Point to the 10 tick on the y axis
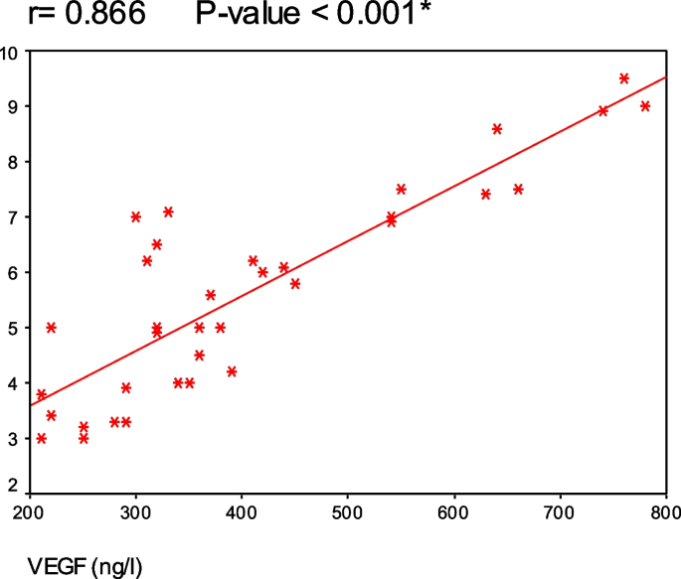12,52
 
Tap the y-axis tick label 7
16,217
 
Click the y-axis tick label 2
16,486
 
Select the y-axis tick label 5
16,328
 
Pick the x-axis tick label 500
348,511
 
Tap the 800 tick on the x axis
664,511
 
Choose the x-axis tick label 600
454,511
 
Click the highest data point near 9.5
624,78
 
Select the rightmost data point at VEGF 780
645,106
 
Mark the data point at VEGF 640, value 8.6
497,129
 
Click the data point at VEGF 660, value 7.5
518,189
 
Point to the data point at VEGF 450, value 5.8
295,284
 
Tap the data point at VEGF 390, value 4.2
232,371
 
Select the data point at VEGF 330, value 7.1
168,212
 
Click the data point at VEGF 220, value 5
52,328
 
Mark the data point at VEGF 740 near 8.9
602,111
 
